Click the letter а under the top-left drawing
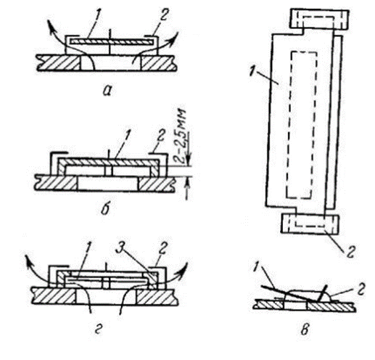tap(107, 91)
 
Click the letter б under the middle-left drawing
tap(105, 208)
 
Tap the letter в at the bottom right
tap(305, 330)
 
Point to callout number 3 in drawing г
tap(120, 247)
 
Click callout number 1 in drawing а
tap(97, 17)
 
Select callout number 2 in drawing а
tap(163, 16)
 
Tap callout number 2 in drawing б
tap(161, 136)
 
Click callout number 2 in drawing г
tap(162, 247)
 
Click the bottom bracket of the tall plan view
tap(310, 224)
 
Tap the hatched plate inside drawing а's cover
tap(112, 42)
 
